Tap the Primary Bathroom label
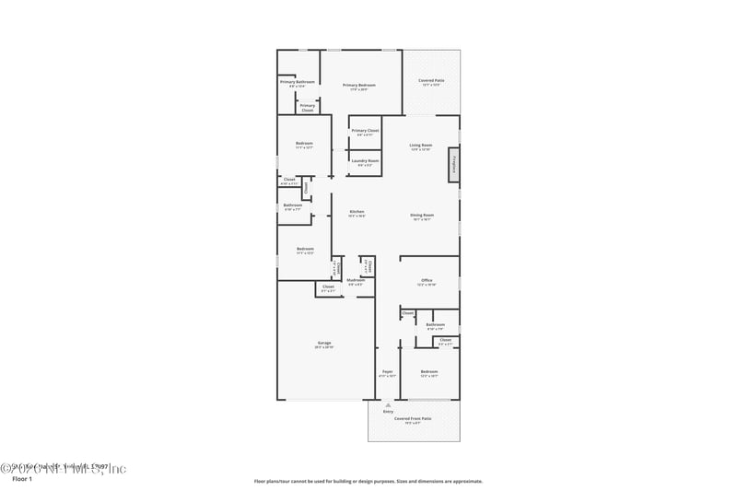298,82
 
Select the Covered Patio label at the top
431,81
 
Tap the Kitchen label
357,213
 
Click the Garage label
324,343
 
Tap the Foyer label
388,371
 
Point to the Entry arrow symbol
388,403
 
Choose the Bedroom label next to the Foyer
429,371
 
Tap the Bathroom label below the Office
436,324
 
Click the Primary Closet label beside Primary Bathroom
308,106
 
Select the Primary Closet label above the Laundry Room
366,131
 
